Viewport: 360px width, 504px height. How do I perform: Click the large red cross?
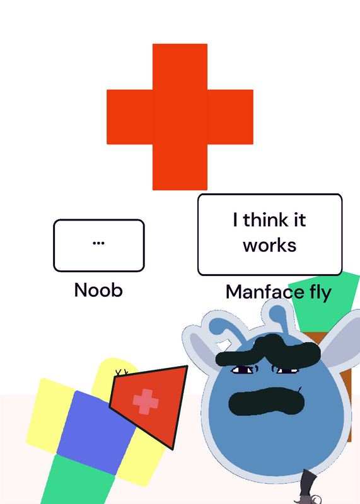pos(180,117)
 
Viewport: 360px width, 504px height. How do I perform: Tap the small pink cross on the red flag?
pos(146,402)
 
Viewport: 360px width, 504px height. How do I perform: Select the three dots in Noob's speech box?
pos(98,243)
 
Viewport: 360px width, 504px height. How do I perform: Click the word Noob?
pos(98,290)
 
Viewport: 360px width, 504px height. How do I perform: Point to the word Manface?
pos(265,292)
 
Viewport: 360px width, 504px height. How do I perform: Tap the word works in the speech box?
pos(270,246)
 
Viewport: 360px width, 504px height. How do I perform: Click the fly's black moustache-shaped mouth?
pos(267,401)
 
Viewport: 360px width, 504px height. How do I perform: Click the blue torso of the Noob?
pos(96,432)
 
